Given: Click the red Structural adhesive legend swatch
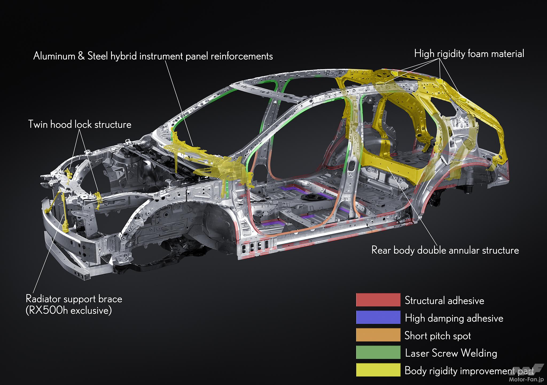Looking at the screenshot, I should coord(378,300).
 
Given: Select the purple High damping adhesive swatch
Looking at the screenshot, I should coord(378,317).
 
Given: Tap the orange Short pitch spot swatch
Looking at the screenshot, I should coord(378,335).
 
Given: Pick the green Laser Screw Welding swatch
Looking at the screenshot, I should coord(378,352).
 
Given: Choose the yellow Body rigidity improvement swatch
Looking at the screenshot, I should coord(378,370).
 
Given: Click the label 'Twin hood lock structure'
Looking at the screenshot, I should coord(80,124).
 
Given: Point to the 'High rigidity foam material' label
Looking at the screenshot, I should coord(469,54).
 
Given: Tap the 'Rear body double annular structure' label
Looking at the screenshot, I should coord(445,250).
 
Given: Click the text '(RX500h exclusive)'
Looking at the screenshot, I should coord(69,311).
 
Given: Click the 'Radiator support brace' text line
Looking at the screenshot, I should coord(74,299).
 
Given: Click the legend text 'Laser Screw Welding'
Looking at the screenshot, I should coord(451,353).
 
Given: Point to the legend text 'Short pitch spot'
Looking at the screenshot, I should coord(437,336).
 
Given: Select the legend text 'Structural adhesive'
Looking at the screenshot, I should coord(444,300).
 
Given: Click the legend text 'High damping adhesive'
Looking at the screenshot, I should coord(454,318).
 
